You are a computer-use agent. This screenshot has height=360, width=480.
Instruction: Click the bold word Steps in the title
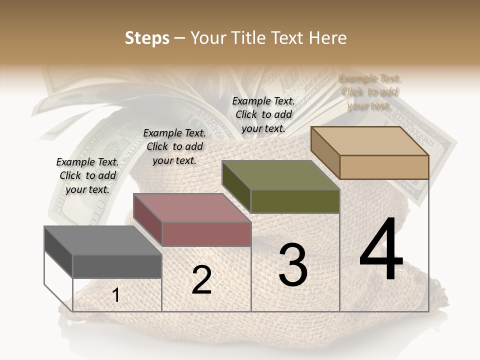click(147, 38)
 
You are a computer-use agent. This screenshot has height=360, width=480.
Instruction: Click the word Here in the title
click(328, 38)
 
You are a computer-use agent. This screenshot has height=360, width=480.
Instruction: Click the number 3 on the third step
click(292, 265)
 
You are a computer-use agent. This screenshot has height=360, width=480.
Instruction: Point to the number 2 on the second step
click(201, 280)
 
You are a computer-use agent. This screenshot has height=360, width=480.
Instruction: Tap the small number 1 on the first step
click(115, 295)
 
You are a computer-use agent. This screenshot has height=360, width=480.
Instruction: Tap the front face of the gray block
click(117, 266)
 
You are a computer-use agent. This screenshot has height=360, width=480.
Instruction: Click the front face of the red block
click(206, 234)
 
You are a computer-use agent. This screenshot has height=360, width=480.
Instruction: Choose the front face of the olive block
click(295, 201)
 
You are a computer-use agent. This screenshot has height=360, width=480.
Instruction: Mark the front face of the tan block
click(384, 167)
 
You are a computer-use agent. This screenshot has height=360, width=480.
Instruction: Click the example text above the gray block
click(87, 175)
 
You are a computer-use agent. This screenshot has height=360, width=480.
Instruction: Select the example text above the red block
click(174, 146)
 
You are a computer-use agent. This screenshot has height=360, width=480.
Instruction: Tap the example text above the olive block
click(263, 114)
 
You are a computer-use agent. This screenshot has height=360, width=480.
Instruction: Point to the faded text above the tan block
click(369, 91)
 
